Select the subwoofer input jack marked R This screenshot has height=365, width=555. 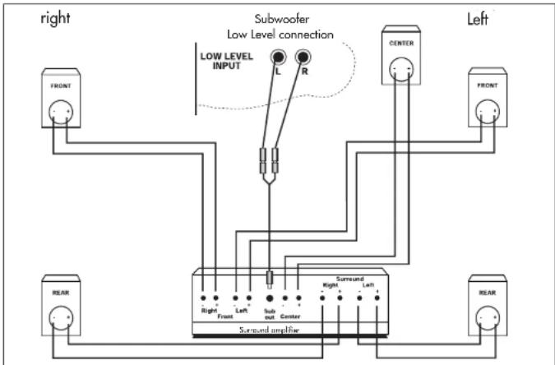305,58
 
